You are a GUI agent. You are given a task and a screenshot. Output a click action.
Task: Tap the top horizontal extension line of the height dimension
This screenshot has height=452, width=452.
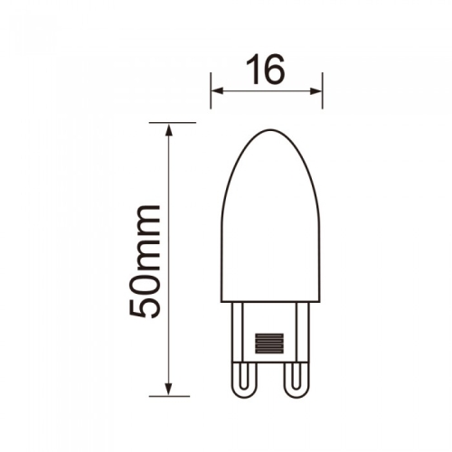pos(172,121)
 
